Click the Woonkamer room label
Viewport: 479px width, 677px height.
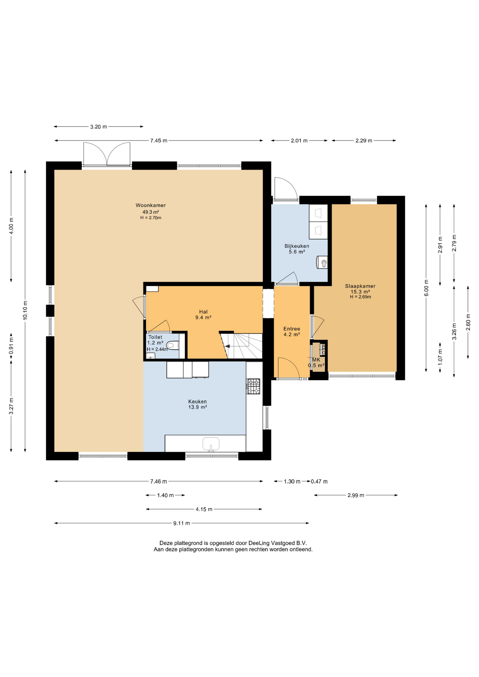[151, 205]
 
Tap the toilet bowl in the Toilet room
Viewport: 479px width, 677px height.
[172, 345]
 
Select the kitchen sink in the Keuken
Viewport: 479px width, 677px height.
[211, 444]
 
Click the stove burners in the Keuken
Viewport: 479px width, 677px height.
[253, 386]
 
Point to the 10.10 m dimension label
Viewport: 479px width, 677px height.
[25, 310]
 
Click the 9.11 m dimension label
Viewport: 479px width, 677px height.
[182, 523]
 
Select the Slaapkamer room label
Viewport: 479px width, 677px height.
[360, 286]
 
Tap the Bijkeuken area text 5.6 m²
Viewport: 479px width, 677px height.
[297, 252]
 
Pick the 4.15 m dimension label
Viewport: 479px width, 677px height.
[204, 509]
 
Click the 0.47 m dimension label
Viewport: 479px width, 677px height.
[319, 481]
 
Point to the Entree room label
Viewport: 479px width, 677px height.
[292, 329]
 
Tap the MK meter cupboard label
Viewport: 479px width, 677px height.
[316, 360]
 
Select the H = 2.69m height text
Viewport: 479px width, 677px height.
[360, 297]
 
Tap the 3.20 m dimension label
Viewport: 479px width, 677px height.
[98, 127]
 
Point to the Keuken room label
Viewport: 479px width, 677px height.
[198, 401]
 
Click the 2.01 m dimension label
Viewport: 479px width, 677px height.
[299, 141]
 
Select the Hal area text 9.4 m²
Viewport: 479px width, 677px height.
[204, 317]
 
